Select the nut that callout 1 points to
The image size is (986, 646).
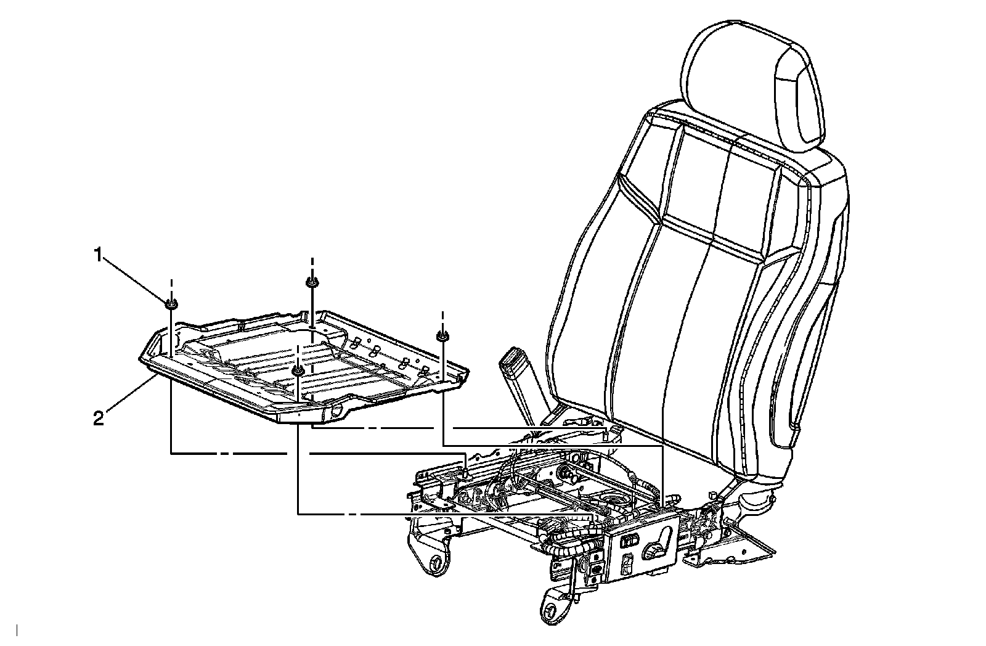(171, 303)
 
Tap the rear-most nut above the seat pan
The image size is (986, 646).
(312, 282)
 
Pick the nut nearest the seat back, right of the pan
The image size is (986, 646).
(442, 336)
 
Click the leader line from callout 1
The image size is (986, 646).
(135, 279)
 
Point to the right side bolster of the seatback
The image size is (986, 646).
(813, 308)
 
